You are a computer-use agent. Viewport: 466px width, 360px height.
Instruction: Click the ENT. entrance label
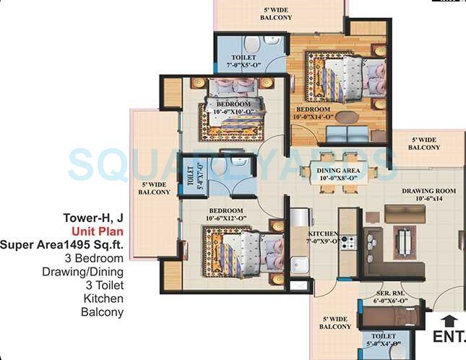pyautogui.click(x=448, y=336)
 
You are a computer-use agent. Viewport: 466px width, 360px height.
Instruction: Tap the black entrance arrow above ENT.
pyautogui.click(x=449, y=320)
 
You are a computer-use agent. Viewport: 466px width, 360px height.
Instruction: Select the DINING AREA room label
pyautogui.click(x=338, y=172)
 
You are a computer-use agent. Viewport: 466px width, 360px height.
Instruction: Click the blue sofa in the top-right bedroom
pyautogui.click(x=347, y=134)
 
